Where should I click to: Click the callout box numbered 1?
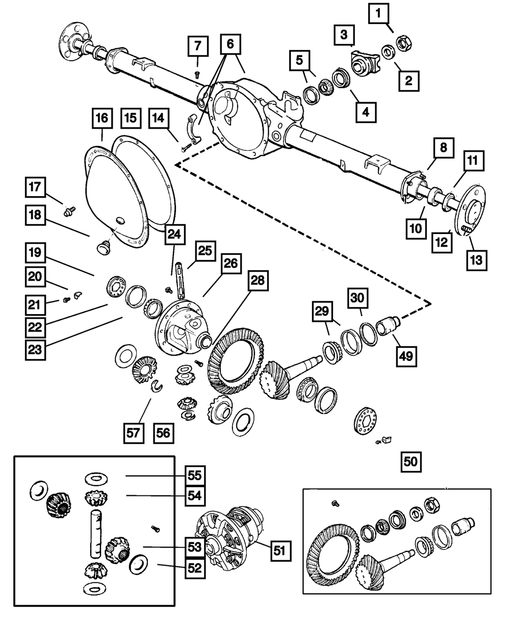378,13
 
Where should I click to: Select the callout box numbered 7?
198,46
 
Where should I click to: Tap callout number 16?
102,118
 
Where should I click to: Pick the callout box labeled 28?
258,280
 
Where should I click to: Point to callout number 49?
406,356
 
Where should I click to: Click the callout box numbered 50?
411,462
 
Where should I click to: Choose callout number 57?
134,433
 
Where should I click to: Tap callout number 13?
477,260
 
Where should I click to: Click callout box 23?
35,350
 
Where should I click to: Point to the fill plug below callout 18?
104,248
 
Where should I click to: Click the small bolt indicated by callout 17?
69,211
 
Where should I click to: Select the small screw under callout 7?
197,75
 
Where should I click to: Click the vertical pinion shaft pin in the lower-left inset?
96,533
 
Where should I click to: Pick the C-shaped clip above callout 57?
157,386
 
